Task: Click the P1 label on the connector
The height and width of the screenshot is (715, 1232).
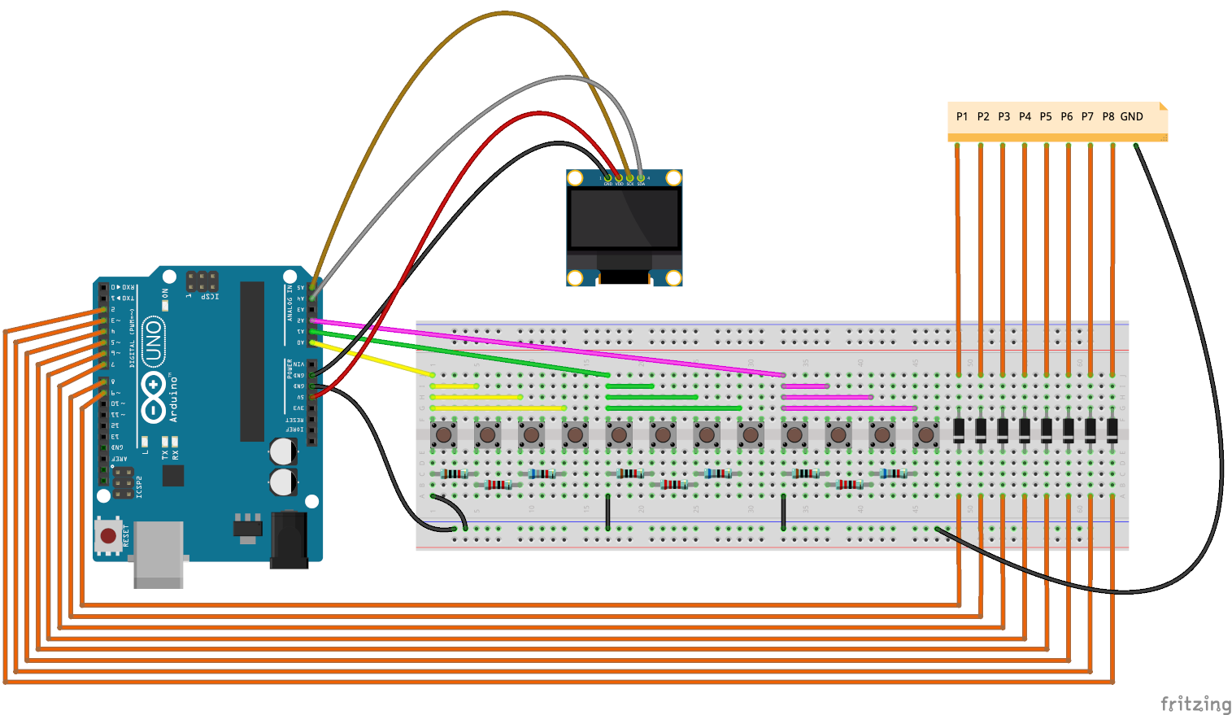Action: pos(962,116)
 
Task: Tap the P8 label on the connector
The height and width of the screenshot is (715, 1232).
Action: pos(1108,116)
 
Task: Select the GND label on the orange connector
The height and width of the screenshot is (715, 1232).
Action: pos(1132,116)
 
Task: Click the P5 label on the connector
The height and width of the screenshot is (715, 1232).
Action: pos(1046,116)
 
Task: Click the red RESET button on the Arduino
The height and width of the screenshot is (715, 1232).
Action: pos(107,534)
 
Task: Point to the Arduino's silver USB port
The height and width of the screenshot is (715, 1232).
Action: pos(158,555)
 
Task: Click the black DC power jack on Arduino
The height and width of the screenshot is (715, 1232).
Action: pos(289,538)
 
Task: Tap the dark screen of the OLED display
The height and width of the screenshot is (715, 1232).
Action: pos(624,219)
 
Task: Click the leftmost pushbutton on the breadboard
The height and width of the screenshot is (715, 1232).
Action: pos(444,435)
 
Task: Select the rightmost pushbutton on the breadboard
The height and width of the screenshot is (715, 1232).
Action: pos(925,435)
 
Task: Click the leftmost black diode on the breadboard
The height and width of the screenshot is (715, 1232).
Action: pos(960,429)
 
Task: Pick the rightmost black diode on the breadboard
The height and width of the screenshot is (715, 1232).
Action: pos(1112,429)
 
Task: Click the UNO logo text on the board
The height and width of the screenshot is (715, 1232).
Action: pos(153,342)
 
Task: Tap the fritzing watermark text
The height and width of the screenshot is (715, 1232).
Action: pos(1195,704)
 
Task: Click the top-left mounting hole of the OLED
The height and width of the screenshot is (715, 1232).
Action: pos(575,178)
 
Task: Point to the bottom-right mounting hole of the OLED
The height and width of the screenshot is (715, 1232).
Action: pos(673,278)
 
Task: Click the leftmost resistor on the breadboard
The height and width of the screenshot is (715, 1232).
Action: pos(454,473)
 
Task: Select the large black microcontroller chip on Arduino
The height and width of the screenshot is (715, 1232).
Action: pos(252,361)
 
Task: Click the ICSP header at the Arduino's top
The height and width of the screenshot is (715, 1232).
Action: pos(202,281)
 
